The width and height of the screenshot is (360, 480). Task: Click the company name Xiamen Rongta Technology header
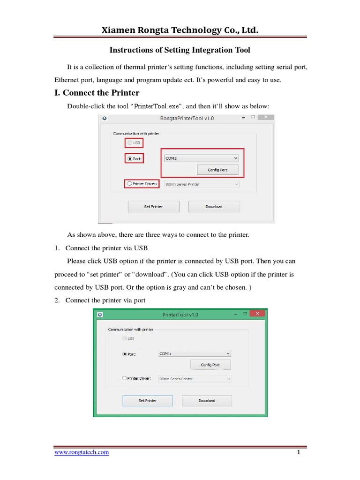(x=180, y=30)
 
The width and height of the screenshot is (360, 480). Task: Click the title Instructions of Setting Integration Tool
(x=180, y=50)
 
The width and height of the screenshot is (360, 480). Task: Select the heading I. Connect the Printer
(x=97, y=92)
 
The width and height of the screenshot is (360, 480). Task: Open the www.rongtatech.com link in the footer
(x=82, y=452)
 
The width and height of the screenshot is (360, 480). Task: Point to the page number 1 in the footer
(x=298, y=452)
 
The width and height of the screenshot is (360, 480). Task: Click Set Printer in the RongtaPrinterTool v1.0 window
(x=153, y=206)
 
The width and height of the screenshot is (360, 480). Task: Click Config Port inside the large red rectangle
(x=217, y=170)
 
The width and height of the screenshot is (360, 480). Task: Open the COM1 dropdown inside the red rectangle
(x=202, y=158)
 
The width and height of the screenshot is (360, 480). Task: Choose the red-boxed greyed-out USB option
(x=134, y=143)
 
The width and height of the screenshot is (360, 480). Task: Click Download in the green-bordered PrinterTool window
(x=206, y=400)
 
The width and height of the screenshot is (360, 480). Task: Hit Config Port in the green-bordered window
(x=210, y=365)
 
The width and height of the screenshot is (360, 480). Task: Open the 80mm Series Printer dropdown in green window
(x=195, y=378)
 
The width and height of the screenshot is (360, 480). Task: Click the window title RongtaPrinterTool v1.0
(x=187, y=119)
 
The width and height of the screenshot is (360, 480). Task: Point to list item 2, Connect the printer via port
(x=105, y=300)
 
